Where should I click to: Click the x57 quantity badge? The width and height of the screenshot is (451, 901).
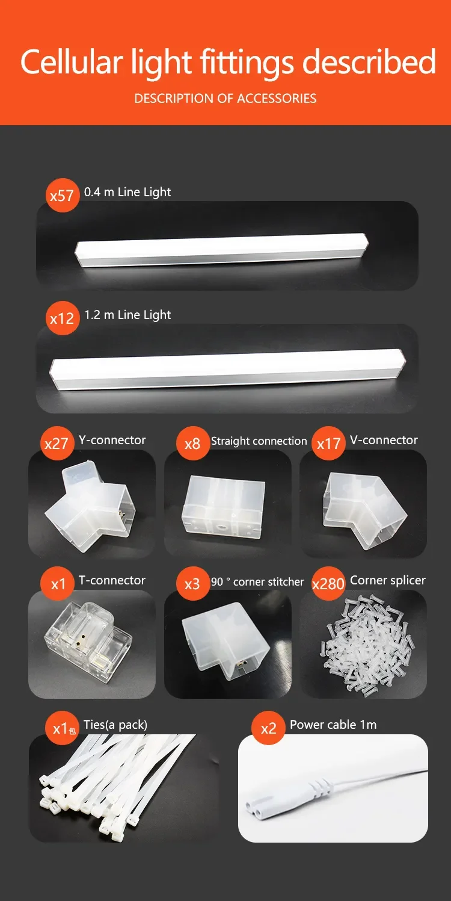pos(63,196)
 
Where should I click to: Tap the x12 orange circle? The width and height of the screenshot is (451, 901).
pos(63,318)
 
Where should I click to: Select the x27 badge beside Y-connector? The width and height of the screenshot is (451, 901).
pos(57,443)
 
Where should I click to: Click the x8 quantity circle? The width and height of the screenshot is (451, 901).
pos(193,443)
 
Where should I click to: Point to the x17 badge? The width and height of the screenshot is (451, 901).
pos(329,443)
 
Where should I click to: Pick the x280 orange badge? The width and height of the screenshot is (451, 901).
pos(329,584)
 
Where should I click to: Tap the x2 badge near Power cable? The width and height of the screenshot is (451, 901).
pos(269,728)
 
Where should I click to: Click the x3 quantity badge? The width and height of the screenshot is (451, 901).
pos(193,584)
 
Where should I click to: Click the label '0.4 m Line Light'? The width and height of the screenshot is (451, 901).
pos(127,192)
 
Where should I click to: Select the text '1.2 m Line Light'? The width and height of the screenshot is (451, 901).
pos(127,315)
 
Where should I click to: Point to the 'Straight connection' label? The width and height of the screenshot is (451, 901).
pos(259,441)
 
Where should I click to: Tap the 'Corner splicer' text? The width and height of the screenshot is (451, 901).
pos(387,580)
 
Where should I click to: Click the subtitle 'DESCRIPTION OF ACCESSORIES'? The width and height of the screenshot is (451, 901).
pos(226,99)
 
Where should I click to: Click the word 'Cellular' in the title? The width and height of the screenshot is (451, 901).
pos(72,62)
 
